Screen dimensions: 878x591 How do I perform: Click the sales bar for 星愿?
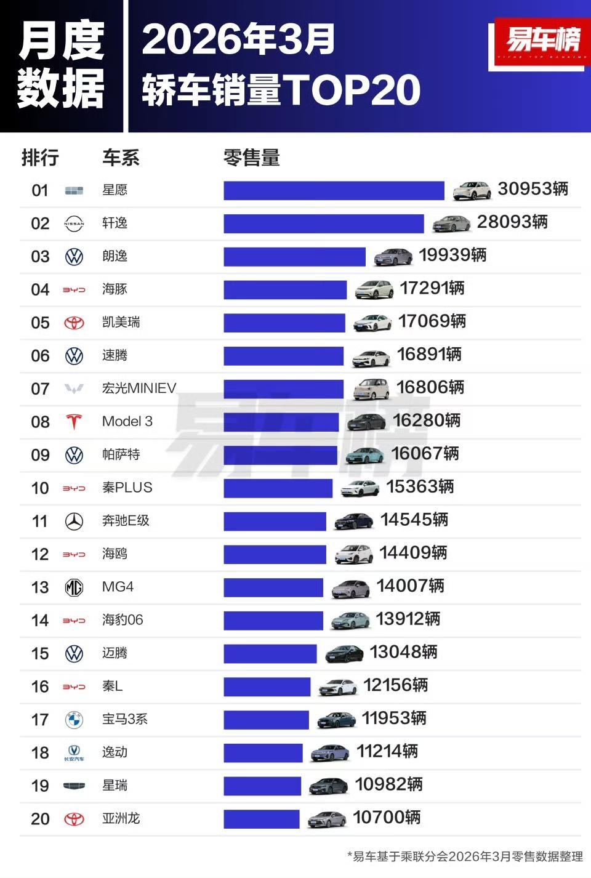tap(334, 190)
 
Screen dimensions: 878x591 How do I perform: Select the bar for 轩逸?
tap(323, 224)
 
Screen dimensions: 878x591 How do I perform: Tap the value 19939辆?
tap(452, 256)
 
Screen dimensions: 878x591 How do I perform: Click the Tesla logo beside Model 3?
tap(74, 422)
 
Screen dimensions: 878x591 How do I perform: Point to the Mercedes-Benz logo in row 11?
tap(74, 522)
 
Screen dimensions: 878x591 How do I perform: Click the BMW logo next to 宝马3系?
tap(74, 720)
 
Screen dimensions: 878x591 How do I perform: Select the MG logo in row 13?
tap(74, 588)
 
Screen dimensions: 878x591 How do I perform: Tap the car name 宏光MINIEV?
tap(139, 389)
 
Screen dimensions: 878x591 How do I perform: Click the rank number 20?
tap(40, 819)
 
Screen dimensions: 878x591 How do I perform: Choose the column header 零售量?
tap(251, 158)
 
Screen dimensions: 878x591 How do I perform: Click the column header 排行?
tap(40, 158)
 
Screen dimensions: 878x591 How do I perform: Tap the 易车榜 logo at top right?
tap(542, 42)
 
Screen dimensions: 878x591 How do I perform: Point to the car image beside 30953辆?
tap(472, 191)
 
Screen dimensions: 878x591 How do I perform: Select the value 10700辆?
tap(387, 818)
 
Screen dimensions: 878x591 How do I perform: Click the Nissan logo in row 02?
tap(74, 224)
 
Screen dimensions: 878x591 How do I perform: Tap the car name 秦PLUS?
tap(127, 488)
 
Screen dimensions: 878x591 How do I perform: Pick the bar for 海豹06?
tap(273, 621)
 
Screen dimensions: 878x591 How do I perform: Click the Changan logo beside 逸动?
tap(74, 752)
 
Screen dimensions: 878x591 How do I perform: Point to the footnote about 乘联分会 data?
tap(465, 856)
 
